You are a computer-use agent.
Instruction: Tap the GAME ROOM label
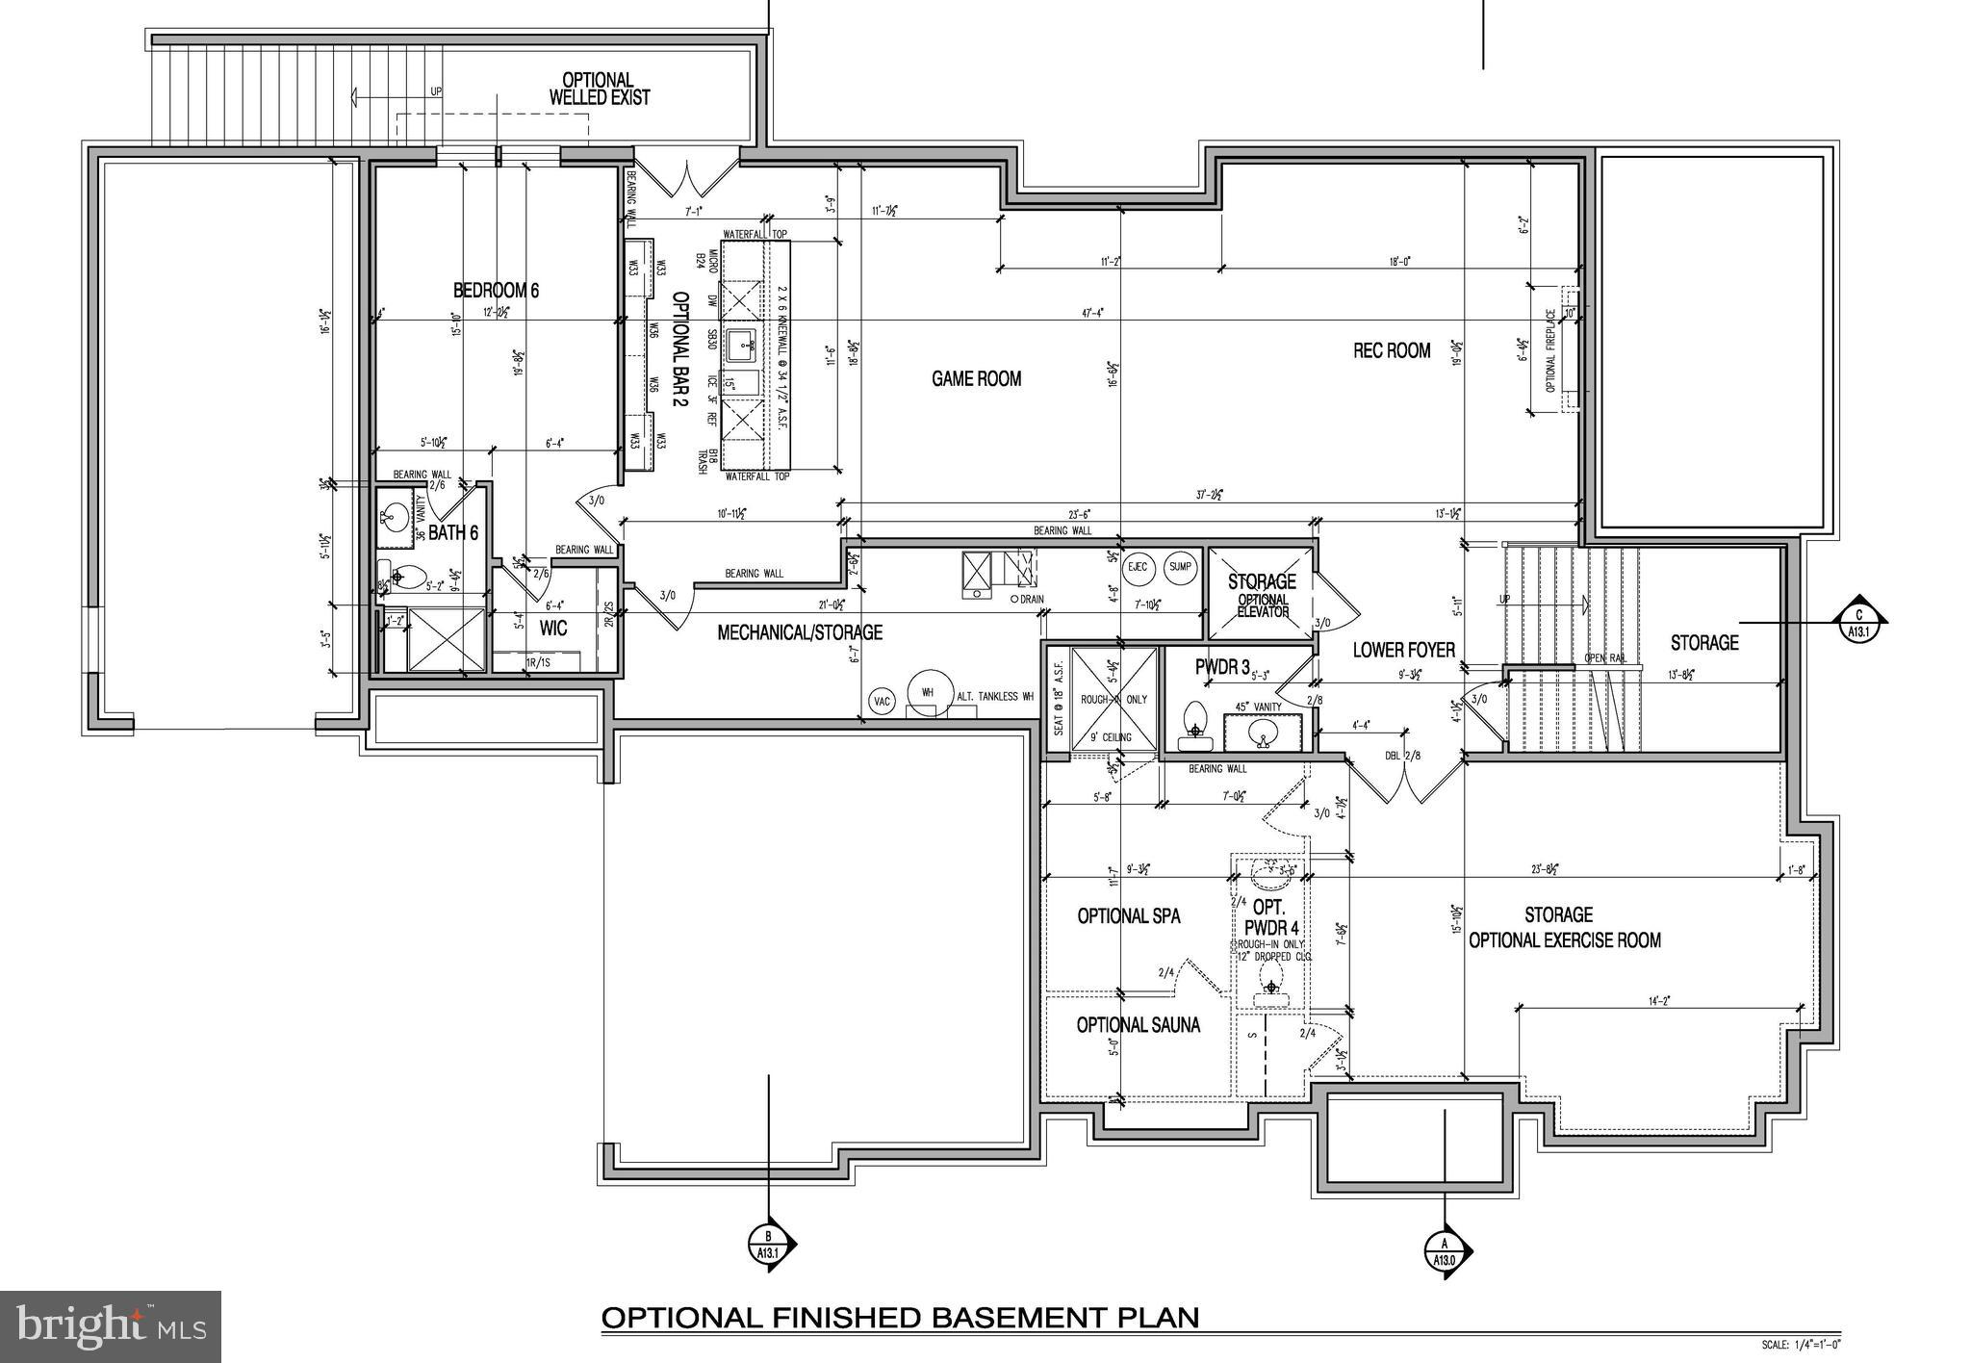tap(976, 378)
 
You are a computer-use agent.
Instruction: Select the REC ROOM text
tap(1392, 350)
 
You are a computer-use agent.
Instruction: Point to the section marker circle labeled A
tap(1444, 1251)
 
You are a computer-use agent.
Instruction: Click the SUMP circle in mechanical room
tap(1180, 567)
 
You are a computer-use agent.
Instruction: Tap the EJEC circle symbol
tap(1138, 567)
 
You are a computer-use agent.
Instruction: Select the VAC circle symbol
tap(882, 702)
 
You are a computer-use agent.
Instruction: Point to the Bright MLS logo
tap(111, 1326)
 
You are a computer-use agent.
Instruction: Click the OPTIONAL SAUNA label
tap(1138, 1025)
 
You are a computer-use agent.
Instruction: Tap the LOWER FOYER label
tap(1403, 650)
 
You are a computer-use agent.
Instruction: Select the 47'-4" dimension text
tap(1092, 312)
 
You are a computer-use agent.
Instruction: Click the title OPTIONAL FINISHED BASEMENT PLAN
tap(900, 1317)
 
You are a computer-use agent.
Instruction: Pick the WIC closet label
tap(553, 629)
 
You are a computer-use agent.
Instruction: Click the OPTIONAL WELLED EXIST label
tap(599, 89)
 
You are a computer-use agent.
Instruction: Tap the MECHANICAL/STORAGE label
tap(799, 632)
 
